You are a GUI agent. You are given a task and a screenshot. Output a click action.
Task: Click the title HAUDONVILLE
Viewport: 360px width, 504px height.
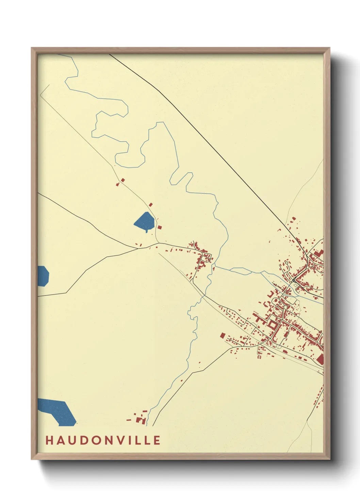click(103, 440)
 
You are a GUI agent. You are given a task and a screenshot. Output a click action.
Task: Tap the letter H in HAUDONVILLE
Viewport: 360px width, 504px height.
click(49, 440)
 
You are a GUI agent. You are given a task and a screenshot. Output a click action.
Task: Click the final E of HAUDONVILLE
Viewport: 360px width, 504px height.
click(157, 440)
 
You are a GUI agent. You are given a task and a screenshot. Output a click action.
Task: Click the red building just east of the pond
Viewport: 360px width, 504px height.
click(160, 227)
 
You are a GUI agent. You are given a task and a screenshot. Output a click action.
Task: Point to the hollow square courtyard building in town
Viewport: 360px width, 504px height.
click(273, 324)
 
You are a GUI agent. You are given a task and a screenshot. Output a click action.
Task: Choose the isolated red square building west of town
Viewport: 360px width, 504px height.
click(223, 336)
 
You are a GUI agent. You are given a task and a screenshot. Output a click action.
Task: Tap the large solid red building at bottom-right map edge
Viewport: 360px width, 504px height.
click(320, 359)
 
